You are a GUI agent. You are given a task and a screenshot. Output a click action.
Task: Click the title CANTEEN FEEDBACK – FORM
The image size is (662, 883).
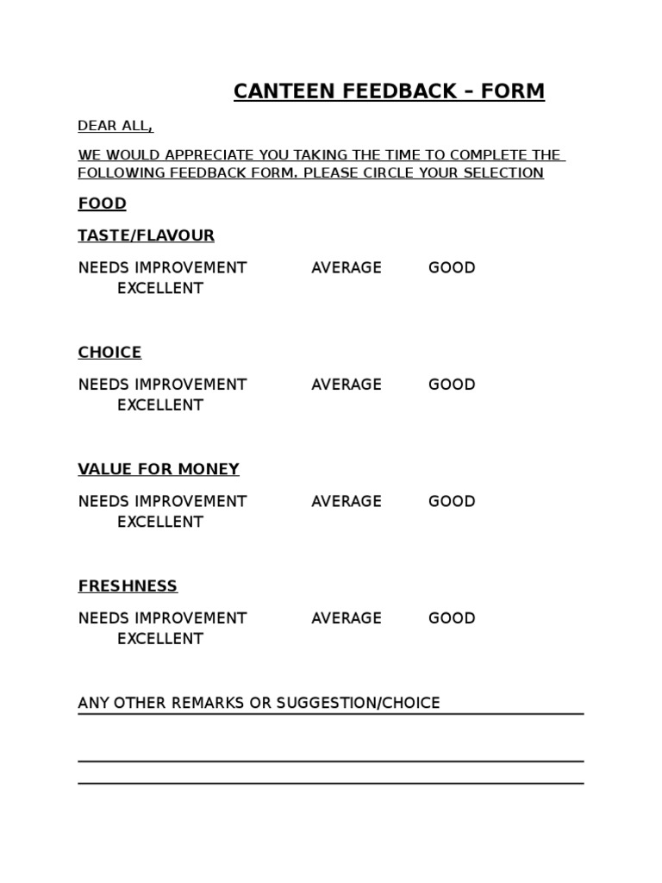click(389, 91)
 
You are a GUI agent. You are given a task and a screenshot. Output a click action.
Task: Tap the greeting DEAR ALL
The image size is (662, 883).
click(116, 126)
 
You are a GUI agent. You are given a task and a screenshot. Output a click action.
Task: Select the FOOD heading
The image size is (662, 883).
click(102, 204)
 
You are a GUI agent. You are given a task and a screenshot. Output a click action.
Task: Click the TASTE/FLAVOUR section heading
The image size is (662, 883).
click(146, 235)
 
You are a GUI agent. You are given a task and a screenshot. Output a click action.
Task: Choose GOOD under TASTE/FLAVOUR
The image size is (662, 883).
click(452, 267)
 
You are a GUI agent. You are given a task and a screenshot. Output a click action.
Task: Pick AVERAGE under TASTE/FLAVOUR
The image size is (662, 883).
click(346, 267)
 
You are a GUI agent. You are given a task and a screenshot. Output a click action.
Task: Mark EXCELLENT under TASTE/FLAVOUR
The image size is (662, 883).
click(159, 288)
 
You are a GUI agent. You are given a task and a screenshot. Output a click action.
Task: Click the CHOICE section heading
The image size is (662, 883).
click(109, 352)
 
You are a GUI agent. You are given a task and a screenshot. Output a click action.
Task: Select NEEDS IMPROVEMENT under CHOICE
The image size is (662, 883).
click(162, 384)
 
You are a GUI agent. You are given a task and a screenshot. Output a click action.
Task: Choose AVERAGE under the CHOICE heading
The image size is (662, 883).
click(346, 384)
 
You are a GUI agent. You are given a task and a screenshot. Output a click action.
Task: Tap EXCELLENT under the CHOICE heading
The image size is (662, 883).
click(159, 404)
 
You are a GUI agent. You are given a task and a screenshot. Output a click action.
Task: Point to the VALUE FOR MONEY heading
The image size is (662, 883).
click(159, 469)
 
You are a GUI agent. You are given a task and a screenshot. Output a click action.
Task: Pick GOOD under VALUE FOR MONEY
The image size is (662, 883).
click(452, 501)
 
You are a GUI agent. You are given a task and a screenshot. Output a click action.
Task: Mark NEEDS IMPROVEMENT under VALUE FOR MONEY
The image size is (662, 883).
click(162, 501)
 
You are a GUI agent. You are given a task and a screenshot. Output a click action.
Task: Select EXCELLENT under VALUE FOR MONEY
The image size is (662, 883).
click(159, 522)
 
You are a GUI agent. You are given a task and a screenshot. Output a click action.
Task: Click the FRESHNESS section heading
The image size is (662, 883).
click(128, 586)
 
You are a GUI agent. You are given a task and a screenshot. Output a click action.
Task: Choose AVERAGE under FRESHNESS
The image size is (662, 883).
click(346, 617)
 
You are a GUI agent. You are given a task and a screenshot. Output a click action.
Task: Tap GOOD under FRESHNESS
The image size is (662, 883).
click(452, 617)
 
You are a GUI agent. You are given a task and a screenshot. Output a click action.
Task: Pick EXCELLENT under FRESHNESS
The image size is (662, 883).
click(159, 638)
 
